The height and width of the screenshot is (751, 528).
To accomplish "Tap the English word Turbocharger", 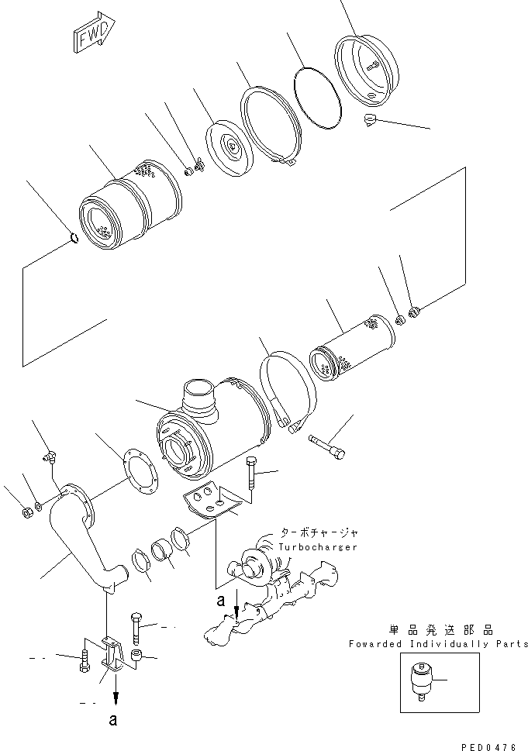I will pyautogui.click(x=319, y=547).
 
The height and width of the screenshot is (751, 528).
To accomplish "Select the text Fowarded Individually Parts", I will pyautogui.click(x=438, y=644).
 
